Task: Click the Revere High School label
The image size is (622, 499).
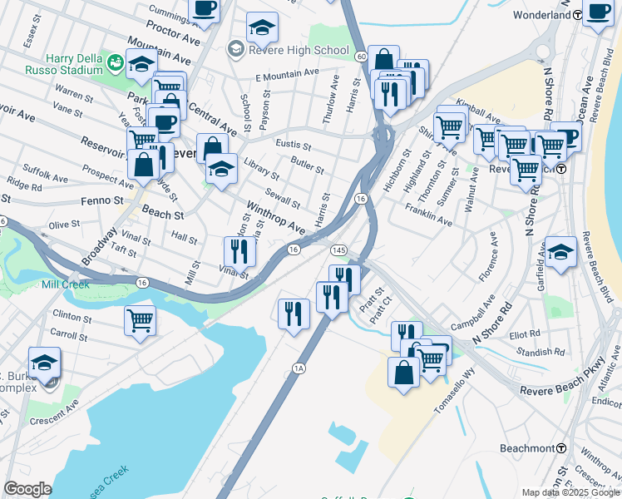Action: [298, 50]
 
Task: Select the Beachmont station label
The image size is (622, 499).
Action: [527, 448]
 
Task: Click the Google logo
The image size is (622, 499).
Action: [27, 489]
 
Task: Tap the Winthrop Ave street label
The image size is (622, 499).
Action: [274, 215]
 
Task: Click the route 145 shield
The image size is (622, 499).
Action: [338, 250]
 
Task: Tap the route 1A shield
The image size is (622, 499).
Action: [299, 367]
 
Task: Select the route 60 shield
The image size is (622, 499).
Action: [360, 57]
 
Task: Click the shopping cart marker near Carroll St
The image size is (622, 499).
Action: [140, 319]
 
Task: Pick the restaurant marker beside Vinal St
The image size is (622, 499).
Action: [239, 249]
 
